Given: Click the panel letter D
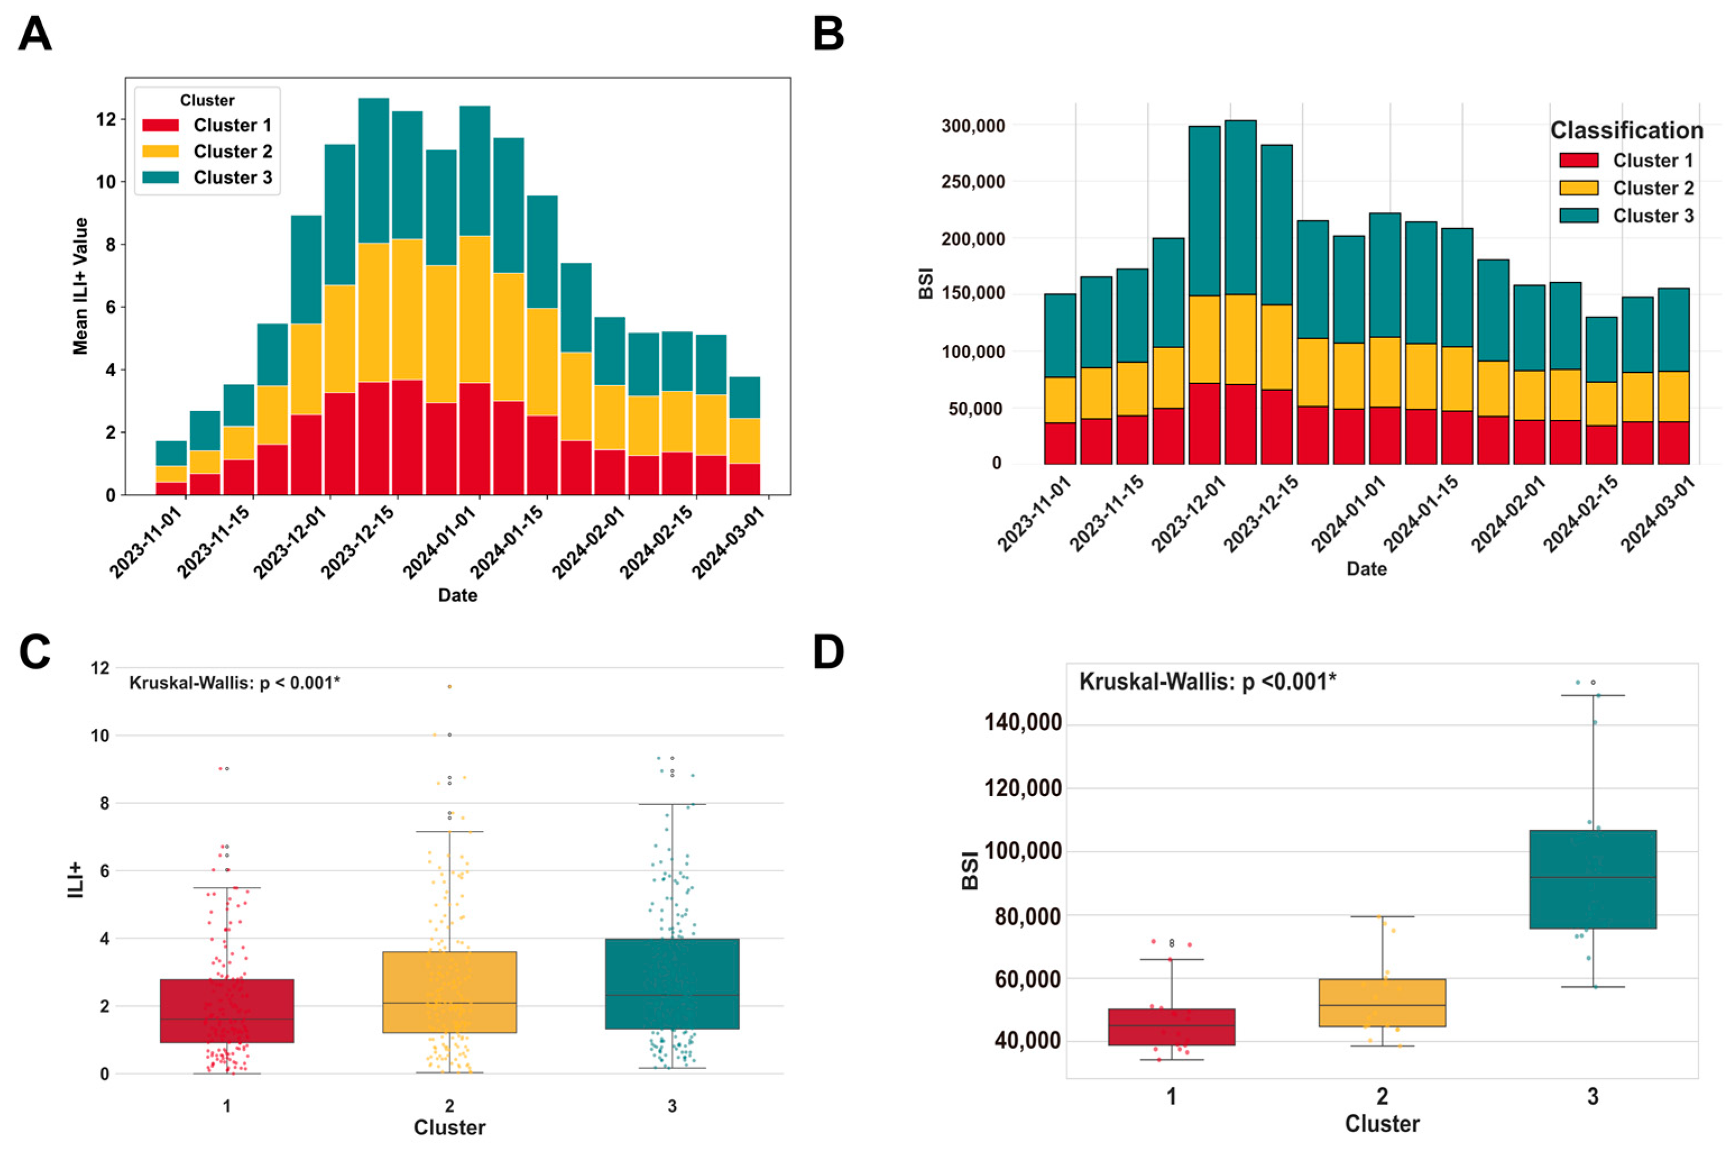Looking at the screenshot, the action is point(828,651).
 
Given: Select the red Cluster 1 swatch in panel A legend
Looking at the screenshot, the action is point(160,125).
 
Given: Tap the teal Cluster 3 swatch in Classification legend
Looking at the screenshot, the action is point(1579,215).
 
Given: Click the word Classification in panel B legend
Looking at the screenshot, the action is point(1626,130).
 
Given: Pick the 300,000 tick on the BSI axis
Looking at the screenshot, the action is point(973,126).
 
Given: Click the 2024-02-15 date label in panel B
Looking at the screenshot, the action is point(1580,514).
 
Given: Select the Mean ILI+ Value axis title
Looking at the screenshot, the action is point(80,286).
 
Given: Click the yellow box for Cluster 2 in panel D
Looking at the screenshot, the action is point(1382,1002).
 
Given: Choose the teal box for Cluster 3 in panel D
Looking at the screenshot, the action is point(1593,879).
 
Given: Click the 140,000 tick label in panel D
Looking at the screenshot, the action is point(1023,723).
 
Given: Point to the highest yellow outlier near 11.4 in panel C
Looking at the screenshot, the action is point(449,687).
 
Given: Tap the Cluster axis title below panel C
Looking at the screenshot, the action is point(449,1127).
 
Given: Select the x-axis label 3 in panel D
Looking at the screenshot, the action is point(1593,1097).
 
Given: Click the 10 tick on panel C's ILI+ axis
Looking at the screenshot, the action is point(100,736).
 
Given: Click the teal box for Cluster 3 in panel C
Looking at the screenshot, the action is point(672,984).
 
